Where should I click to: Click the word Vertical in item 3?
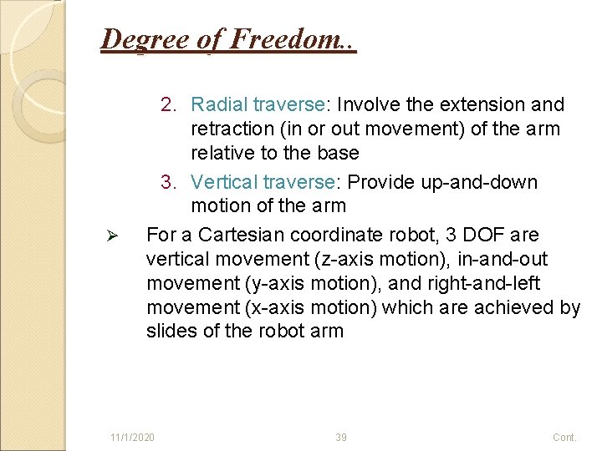[223, 182]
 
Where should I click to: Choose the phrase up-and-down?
[484, 182]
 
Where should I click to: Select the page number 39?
[340, 438]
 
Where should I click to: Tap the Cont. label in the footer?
[564, 438]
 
